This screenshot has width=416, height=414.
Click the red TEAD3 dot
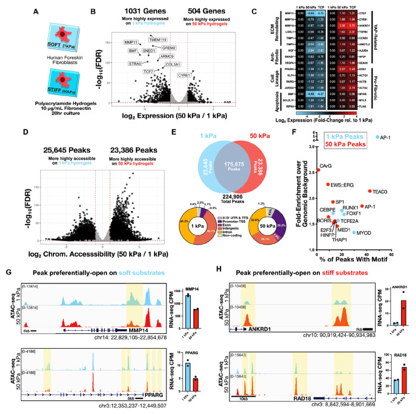(370, 191)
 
